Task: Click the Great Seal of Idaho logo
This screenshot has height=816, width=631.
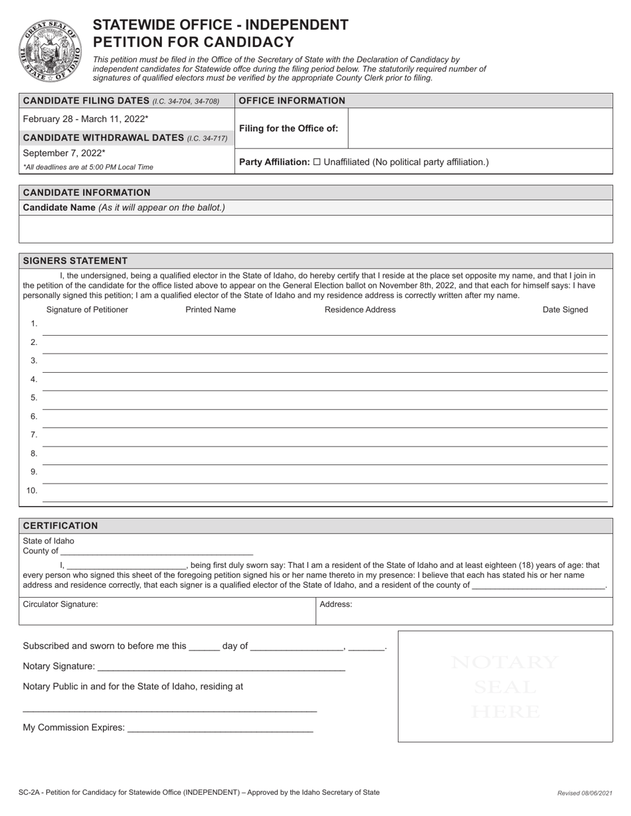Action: pyautogui.click(x=51, y=50)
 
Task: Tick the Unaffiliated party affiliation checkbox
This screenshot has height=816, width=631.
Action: pyautogui.click(x=317, y=162)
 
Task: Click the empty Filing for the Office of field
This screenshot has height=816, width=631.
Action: pyautogui.click(x=480, y=128)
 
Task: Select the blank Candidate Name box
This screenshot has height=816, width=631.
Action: pyautogui.click(x=315, y=229)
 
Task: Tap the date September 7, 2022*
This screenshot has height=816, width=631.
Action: pyautogui.click(x=64, y=153)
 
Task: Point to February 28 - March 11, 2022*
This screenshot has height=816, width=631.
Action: pyautogui.click(x=86, y=119)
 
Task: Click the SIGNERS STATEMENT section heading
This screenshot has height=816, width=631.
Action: pyautogui.click(x=75, y=261)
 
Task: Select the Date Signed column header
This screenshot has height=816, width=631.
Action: pyautogui.click(x=565, y=310)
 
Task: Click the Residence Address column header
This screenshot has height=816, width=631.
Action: pyautogui.click(x=360, y=310)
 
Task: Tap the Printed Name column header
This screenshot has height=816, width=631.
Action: pyautogui.click(x=211, y=310)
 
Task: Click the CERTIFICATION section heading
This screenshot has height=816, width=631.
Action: pyautogui.click(x=60, y=525)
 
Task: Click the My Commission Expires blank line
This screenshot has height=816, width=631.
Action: pyautogui.click(x=219, y=728)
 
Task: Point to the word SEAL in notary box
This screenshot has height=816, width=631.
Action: pyautogui.click(x=505, y=687)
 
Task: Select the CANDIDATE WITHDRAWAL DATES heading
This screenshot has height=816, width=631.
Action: pyautogui.click(x=125, y=137)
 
